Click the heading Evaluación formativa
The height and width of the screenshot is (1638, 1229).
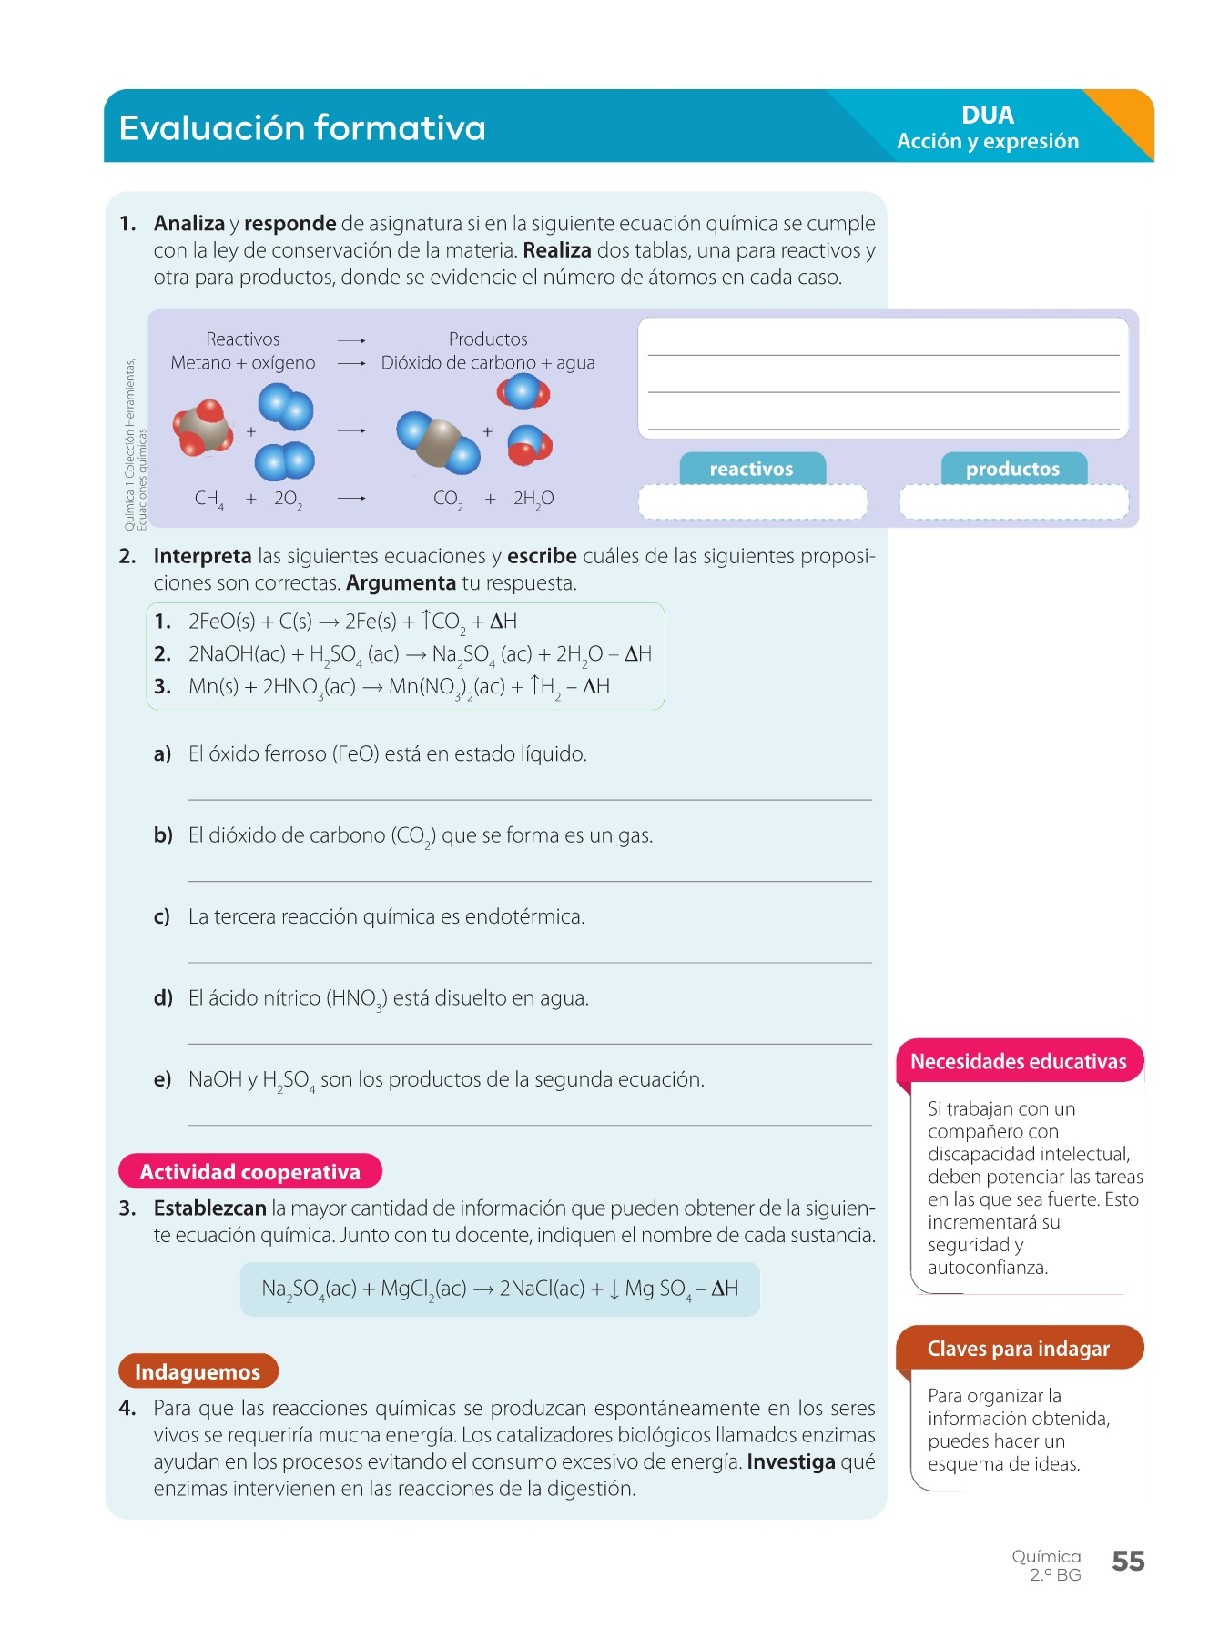tap(302, 128)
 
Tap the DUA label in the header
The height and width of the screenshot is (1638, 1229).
tap(987, 116)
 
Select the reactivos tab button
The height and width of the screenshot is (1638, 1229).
tap(752, 469)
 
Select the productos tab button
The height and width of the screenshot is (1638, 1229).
tap(1012, 469)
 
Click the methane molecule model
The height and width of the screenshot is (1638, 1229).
tap(204, 426)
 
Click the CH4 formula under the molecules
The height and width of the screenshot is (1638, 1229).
tap(208, 499)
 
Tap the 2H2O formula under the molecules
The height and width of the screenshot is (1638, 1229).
tap(533, 499)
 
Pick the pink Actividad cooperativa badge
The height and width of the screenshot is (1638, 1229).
tap(249, 1171)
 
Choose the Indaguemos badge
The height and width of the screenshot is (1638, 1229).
tap(198, 1371)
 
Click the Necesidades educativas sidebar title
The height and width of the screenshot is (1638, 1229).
tap(1019, 1061)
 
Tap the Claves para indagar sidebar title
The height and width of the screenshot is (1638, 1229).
tap(1019, 1349)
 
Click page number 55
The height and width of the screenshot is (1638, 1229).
tap(1128, 1562)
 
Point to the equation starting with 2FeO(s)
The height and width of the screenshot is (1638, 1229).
tap(352, 622)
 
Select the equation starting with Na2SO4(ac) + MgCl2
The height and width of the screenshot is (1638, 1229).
tap(500, 1289)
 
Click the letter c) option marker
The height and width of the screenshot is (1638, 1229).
tap(162, 916)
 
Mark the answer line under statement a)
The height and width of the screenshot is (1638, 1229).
tap(530, 798)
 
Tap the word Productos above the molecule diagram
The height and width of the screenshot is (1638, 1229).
tap(488, 339)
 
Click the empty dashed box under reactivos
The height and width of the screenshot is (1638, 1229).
tap(752, 501)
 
